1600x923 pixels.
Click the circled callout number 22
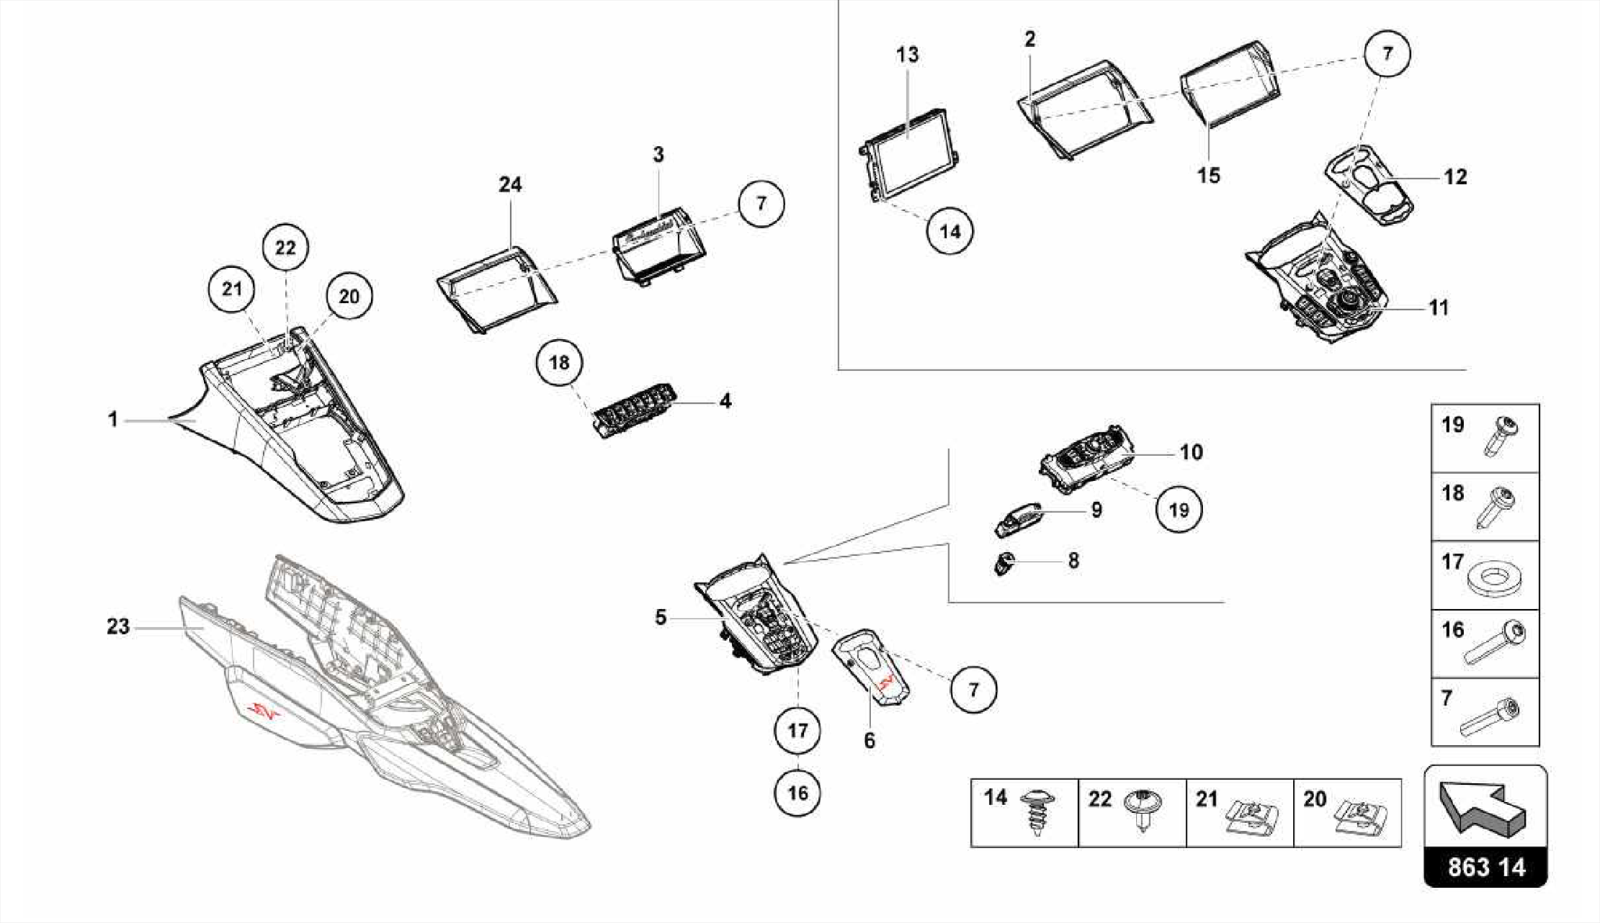(285, 248)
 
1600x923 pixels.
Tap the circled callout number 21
(232, 289)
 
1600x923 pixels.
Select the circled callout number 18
(559, 362)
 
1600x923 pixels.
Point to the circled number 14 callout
(949, 231)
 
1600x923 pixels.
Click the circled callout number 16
(797, 793)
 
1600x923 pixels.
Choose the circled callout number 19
(1178, 509)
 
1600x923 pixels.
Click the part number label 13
(907, 55)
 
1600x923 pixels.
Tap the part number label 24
(510, 184)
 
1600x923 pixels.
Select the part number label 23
(118, 626)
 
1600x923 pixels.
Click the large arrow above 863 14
(1482, 809)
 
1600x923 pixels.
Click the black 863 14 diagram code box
(1485, 867)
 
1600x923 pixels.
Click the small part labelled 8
(1005, 562)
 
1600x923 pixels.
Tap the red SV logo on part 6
(886, 685)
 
